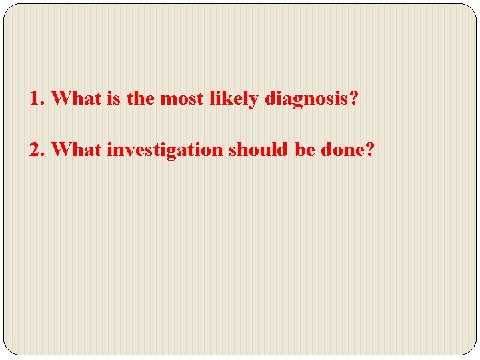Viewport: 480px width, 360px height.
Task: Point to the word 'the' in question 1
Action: click(x=140, y=99)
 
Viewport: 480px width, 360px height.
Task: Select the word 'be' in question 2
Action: click(x=305, y=150)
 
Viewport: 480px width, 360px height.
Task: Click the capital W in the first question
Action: click(x=60, y=99)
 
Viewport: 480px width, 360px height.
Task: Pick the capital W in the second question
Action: click(x=60, y=150)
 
